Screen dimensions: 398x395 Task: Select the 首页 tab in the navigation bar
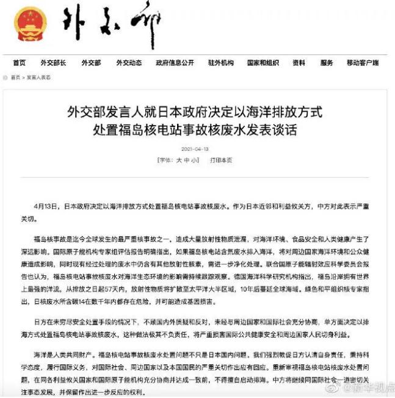pos(19,63)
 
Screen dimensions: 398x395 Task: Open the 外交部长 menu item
pos(53,63)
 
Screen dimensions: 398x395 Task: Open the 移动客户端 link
pos(363,63)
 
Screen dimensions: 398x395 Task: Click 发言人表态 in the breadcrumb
pos(38,78)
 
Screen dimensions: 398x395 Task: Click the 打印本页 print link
pos(221,160)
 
